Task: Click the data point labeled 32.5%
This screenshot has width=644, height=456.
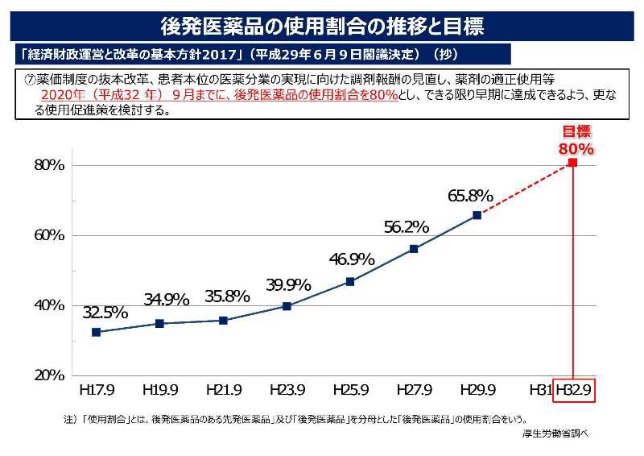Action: (97, 332)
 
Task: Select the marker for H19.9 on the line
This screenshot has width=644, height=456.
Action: (159, 323)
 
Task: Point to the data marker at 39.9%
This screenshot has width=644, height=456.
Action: (287, 306)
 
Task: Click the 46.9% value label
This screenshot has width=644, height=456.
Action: (352, 259)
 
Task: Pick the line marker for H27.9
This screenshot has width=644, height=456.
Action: (414, 249)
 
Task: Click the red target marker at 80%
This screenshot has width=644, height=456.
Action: (572, 163)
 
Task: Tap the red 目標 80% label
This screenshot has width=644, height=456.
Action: (576, 141)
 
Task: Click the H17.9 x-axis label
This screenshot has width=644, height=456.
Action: (97, 390)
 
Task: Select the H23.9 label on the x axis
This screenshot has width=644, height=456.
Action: (287, 390)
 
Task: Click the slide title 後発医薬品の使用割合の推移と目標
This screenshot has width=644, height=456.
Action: (322, 26)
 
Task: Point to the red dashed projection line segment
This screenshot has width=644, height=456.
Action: (525, 189)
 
